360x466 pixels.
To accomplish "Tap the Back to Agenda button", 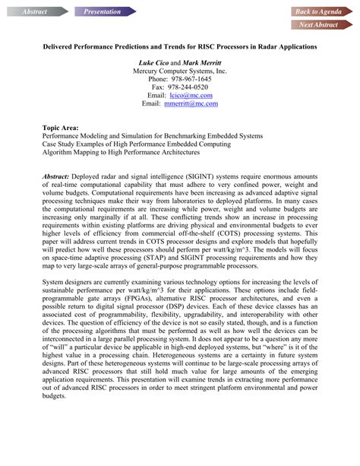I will coord(318,11).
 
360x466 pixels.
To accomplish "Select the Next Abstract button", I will coord(318,25).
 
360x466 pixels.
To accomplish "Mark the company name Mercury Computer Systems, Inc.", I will coord(179,70).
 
